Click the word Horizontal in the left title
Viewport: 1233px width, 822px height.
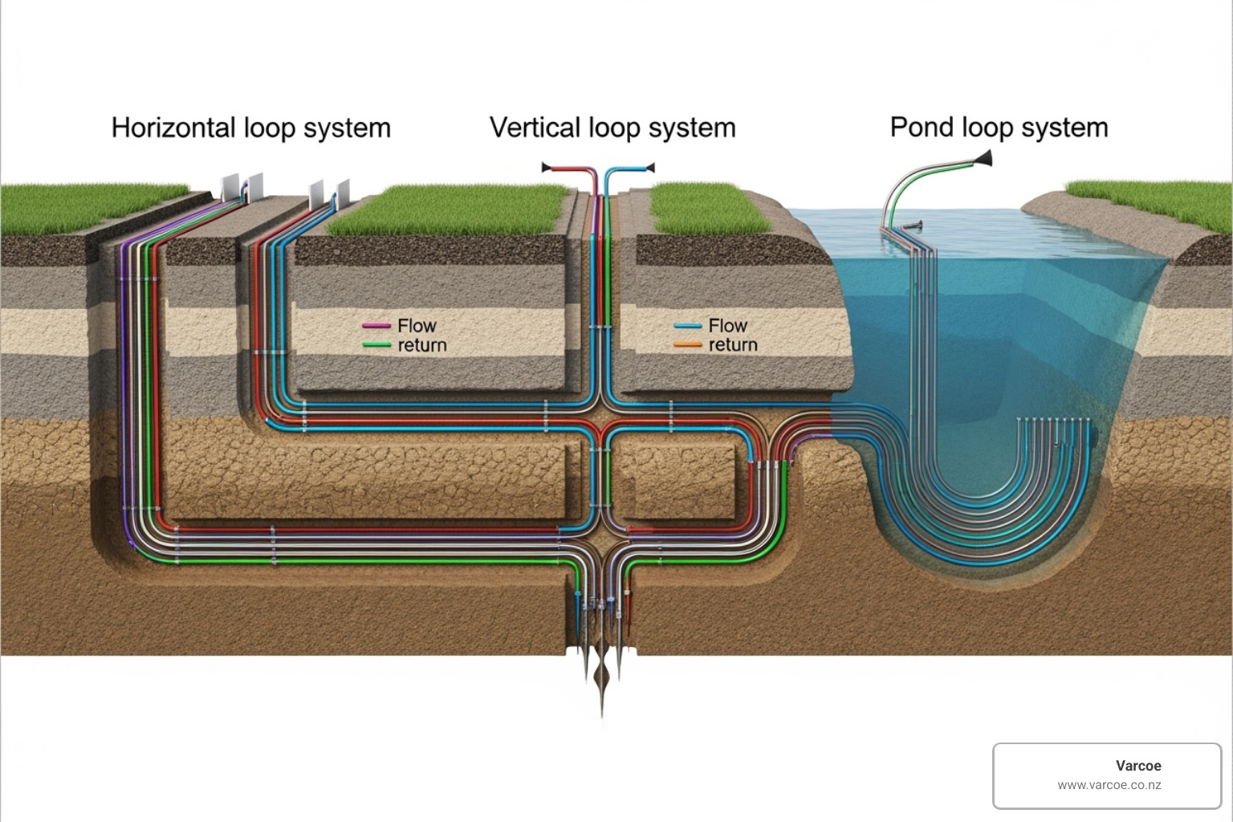coord(173,128)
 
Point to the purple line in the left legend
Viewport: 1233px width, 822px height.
coord(376,326)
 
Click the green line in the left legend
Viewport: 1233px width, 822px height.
coord(376,345)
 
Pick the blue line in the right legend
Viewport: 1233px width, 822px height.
coord(687,326)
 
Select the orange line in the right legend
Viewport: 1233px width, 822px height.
coord(687,345)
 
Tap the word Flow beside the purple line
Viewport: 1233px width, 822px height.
coord(417,326)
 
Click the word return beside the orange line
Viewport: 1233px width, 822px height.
coord(733,345)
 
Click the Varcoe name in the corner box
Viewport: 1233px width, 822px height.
coord(1137,766)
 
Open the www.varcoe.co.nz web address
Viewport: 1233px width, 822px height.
coord(1109,785)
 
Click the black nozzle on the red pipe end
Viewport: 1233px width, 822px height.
coord(547,168)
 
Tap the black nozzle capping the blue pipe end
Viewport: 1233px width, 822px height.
coord(649,168)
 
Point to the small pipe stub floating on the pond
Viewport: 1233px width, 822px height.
coord(912,226)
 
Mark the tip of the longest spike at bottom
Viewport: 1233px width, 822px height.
coord(602,714)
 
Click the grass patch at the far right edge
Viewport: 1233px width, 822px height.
coord(1156,201)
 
